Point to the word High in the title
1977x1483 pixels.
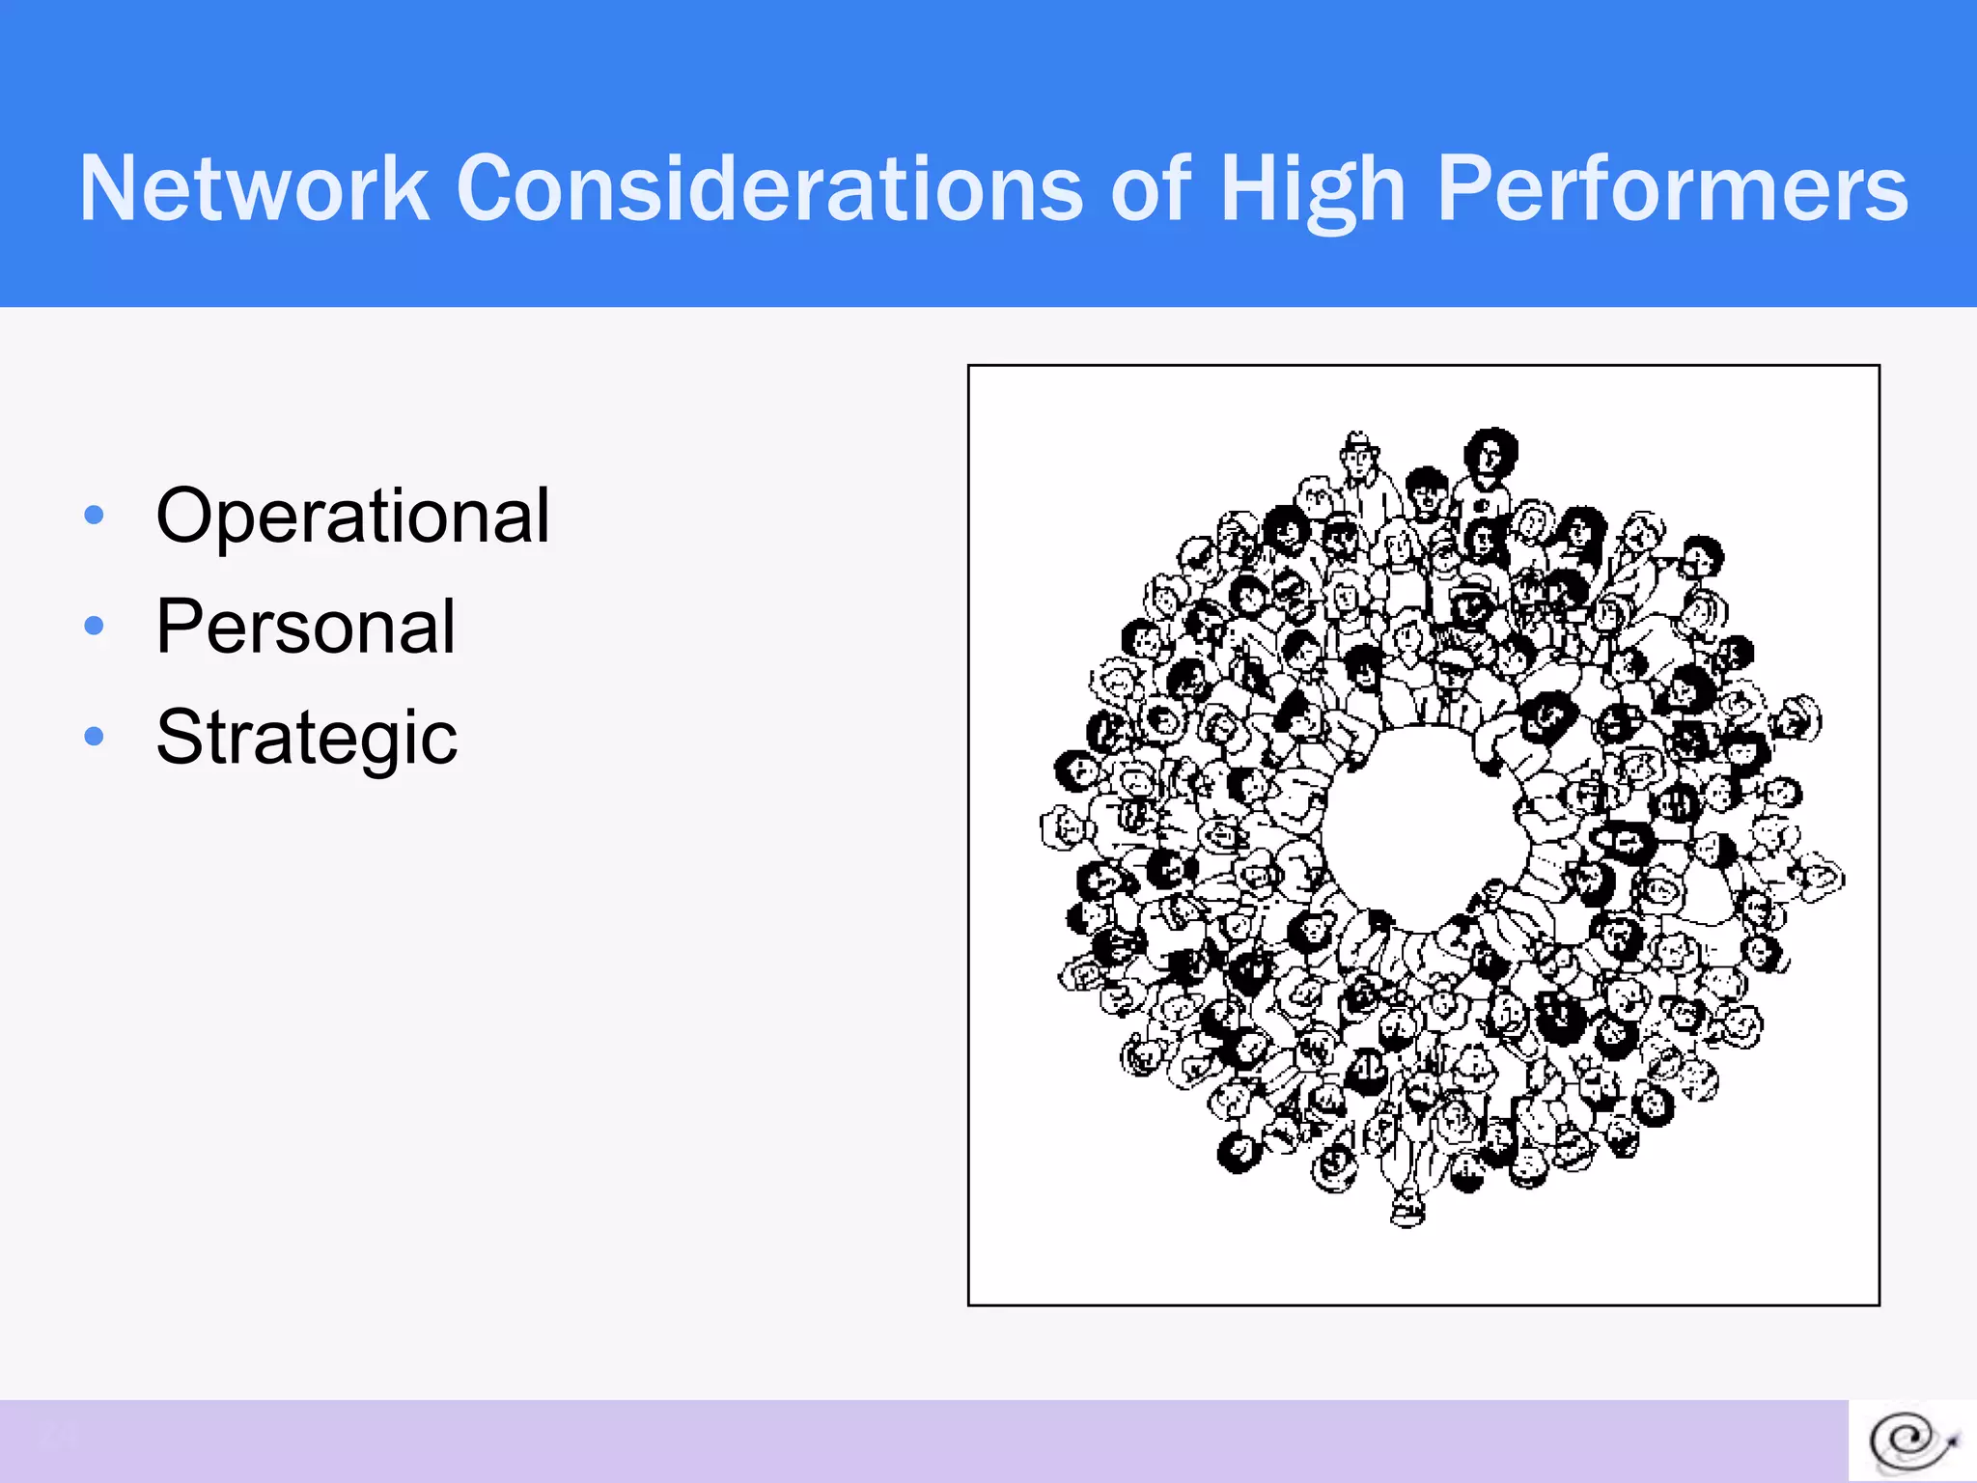click(1313, 191)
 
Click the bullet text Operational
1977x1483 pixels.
click(352, 516)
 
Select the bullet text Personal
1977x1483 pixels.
click(305, 627)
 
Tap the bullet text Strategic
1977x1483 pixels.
click(306, 739)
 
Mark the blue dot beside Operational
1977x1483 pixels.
click(94, 515)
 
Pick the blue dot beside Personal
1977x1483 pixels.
click(94, 626)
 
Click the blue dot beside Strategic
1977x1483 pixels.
click(94, 737)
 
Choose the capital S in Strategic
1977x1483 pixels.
click(183, 739)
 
